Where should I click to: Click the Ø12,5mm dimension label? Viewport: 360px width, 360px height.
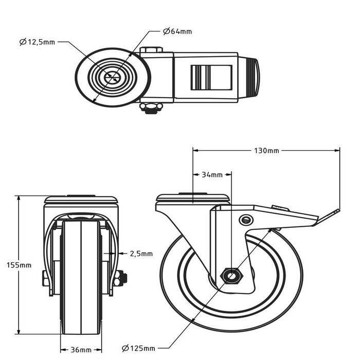coord(38,42)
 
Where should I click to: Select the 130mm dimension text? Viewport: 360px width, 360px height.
coord(266,151)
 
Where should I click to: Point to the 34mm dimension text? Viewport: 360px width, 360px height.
coord(212,175)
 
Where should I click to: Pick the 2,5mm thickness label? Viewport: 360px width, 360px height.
coord(141,254)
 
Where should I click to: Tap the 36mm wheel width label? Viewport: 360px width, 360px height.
coord(81,350)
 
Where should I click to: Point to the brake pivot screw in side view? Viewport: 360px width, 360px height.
coord(246,220)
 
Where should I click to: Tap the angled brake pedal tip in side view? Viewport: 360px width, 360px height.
coord(333,212)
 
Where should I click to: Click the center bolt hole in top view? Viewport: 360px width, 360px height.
coord(112,78)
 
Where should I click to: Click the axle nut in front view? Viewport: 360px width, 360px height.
coord(122,278)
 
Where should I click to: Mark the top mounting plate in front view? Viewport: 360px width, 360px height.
coord(82,200)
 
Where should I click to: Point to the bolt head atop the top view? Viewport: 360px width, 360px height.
coord(151,50)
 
